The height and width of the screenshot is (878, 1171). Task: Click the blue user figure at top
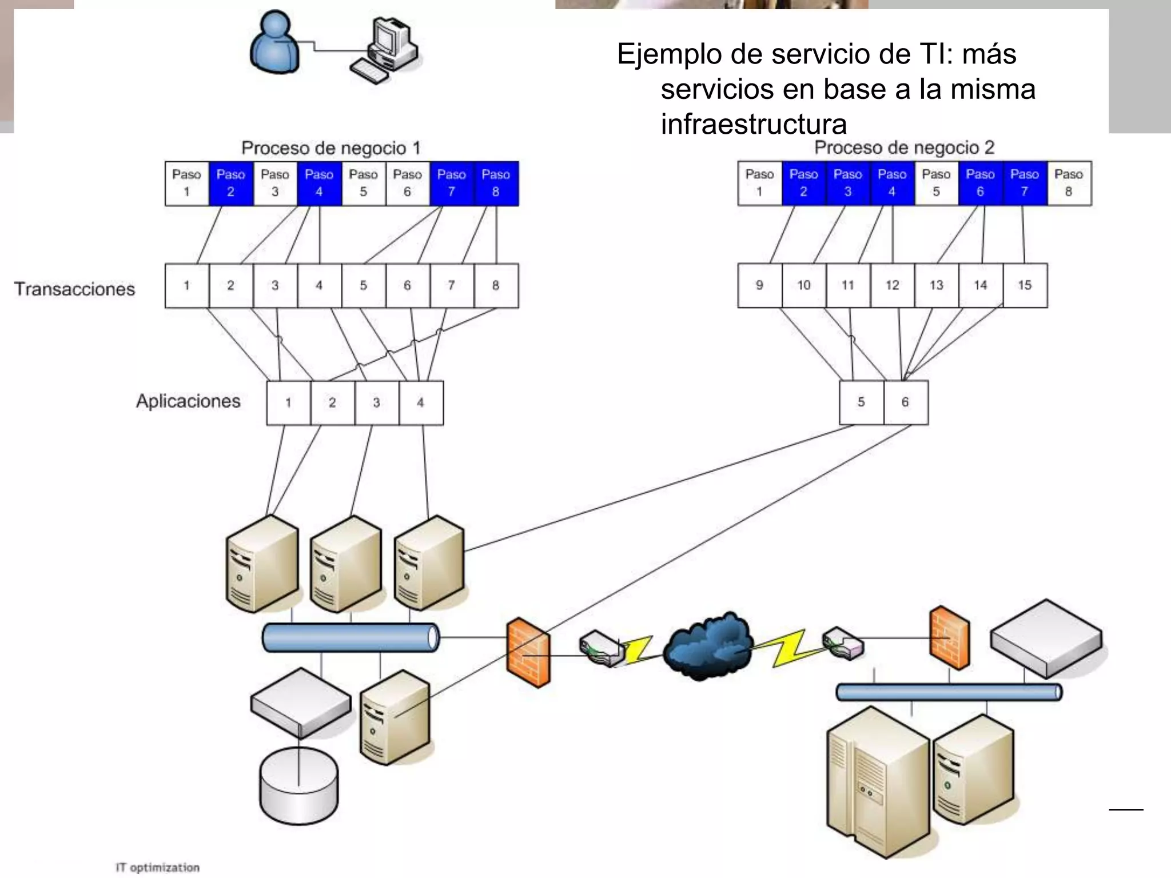point(275,43)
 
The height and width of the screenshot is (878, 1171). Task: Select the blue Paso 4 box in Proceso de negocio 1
point(319,183)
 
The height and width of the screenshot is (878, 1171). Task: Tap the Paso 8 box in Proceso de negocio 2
point(1068,183)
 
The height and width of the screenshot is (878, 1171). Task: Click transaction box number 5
point(363,285)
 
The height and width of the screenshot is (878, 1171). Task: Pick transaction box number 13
point(936,285)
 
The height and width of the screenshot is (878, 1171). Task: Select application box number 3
point(376,402)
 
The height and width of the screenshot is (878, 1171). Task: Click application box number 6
point(905,402)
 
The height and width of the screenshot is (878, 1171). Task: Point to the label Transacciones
point(74,289)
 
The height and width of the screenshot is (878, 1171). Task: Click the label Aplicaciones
point(188,401)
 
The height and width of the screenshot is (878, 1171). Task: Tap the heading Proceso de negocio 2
point(904,148)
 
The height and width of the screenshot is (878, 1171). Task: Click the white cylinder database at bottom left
point(298,786)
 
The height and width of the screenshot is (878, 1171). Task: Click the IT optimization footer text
point(157,867)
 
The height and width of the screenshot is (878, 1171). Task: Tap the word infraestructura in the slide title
point(753,124)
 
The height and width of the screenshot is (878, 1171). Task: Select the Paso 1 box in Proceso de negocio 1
point(186,183)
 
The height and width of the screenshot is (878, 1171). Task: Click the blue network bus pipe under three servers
point(350,637)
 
